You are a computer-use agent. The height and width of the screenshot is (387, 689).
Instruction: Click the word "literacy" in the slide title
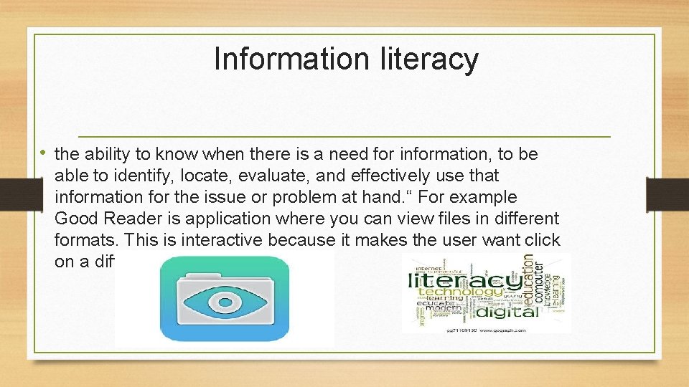click(428, 59)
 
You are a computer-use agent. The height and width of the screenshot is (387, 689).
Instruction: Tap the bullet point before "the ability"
click(47, 153)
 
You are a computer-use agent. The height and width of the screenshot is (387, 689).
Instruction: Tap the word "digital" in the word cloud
click(507, 311)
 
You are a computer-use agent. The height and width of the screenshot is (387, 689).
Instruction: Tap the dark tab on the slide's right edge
click(667, 195)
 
